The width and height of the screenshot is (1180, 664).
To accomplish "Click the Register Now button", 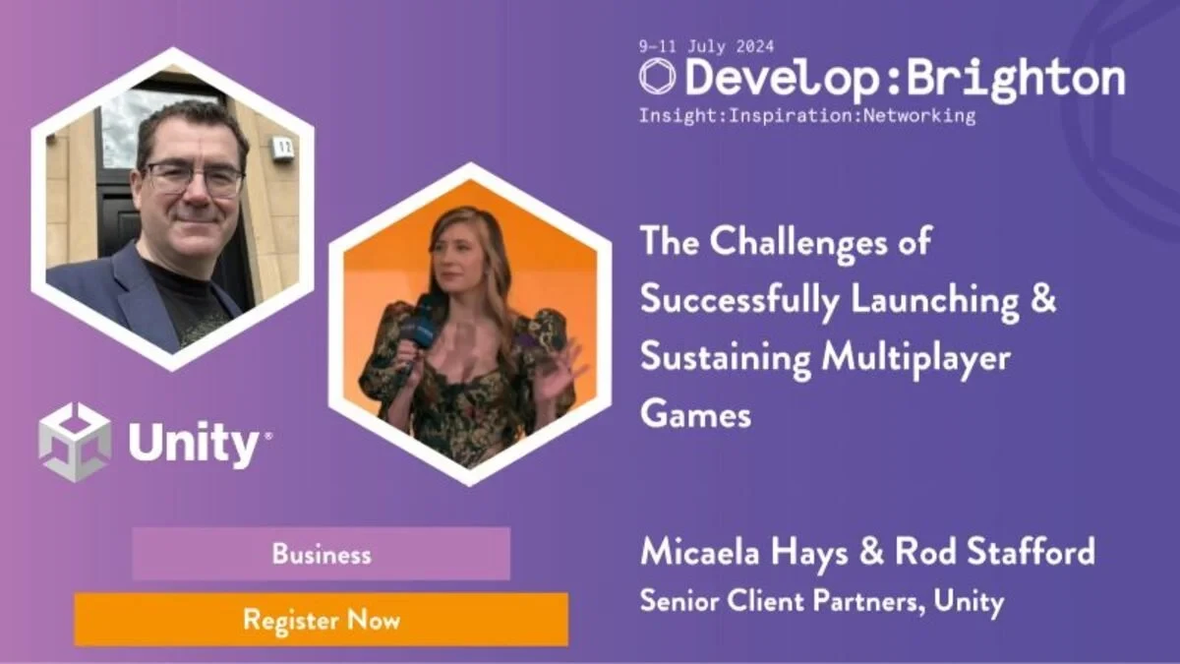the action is click(322, 620).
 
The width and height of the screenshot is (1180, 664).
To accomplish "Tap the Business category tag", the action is click(322, 554).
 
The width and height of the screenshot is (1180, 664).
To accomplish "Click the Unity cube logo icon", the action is click(75, 442).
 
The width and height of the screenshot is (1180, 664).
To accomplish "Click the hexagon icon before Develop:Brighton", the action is click(657, 77).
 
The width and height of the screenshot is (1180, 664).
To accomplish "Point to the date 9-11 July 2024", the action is click(706, 46).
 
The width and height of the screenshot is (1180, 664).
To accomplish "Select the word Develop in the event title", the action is click(782, 79).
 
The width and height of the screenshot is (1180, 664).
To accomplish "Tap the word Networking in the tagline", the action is click(919, 115).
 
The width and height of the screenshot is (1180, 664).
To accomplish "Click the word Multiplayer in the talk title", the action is click(916, 358).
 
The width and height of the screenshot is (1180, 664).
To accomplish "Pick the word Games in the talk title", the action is click(695, 414).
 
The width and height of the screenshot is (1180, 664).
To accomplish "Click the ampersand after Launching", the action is click(1042, 298).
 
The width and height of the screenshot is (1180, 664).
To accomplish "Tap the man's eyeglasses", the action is click(194, 178).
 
